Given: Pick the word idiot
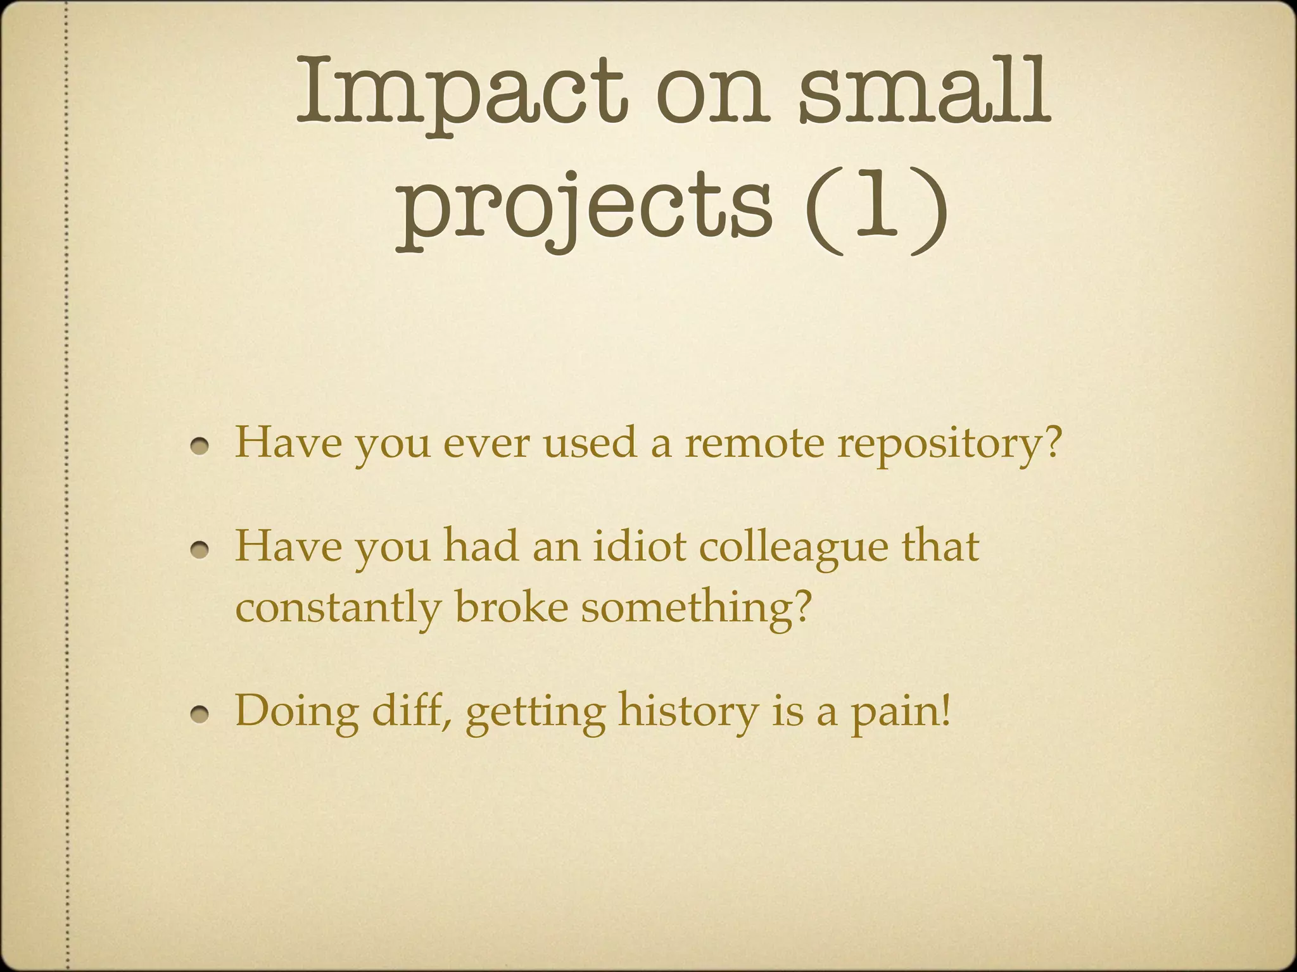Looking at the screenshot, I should click(639, 545).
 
